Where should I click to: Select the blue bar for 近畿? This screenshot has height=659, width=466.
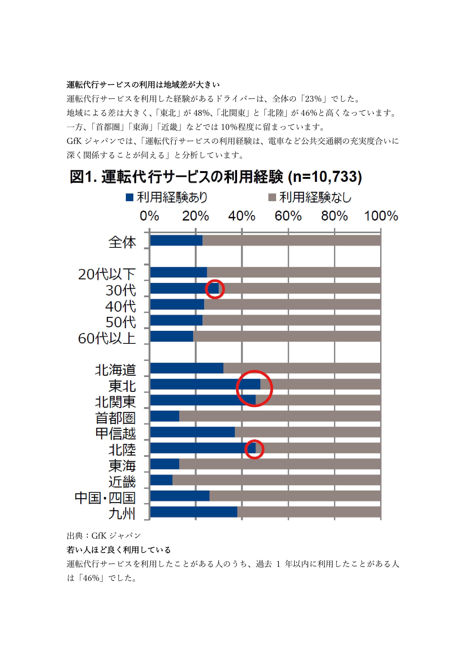pyautogui.click(x=161, y=480)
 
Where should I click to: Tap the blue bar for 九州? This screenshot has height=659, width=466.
pyautogui.click(x=193, y=512)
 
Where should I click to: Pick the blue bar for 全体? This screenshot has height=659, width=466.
pyautogui.click(x=176, y=240)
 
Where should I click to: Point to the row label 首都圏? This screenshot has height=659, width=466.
pyautogui.click(x=115, y=418)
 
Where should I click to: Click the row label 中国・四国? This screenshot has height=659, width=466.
pyautogui.click(x=105, y=498)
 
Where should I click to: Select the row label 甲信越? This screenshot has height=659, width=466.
pyautogui.click(x=115, y=433)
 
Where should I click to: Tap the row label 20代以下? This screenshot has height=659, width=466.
pyautogui.click(x=107, y=274)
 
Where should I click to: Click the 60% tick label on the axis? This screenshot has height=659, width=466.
pyautogui.click(x=288, y=216)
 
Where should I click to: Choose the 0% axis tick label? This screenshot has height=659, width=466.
pyautogui.click(x=149, y=216)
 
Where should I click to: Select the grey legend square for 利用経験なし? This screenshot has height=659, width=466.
pyautogui.click(x=272, y=197)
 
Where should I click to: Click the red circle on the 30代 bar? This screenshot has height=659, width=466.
pyautogui.click(x=215, y=289)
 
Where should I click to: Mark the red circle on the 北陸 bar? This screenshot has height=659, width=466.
pyautogui.click(x=254, y=449)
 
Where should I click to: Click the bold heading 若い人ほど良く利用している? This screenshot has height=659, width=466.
pyautogui.click(x=119, y=550)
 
